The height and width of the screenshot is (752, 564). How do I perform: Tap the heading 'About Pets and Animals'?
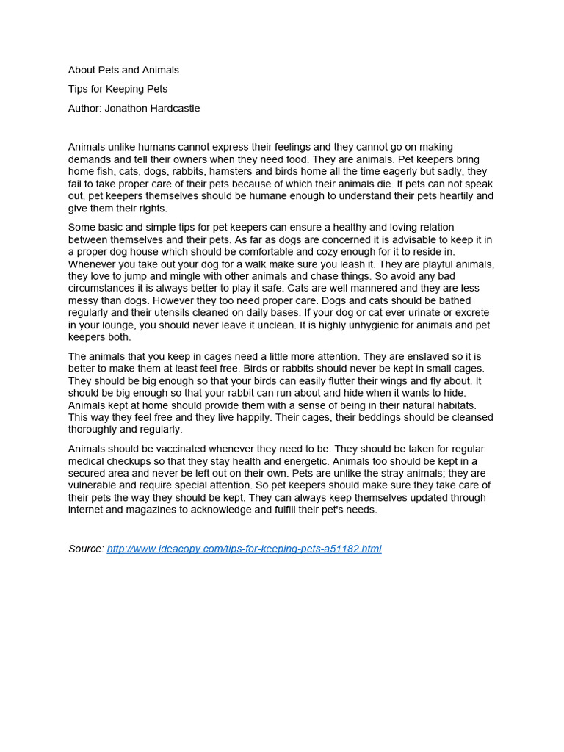point(123,70)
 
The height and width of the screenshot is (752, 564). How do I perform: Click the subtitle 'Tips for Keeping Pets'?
point(117,89)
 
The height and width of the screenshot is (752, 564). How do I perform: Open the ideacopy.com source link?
point(244,549)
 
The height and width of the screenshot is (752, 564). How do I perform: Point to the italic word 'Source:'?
point(86,549)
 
